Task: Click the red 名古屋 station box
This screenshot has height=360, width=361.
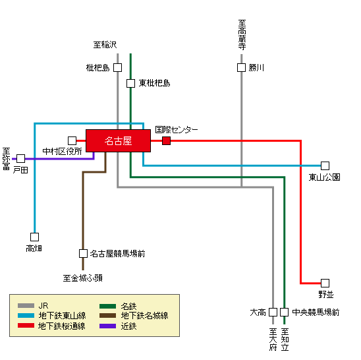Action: pyautogui.click(x=118, y=140)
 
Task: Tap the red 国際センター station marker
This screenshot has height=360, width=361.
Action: pyautogui.click(x=166, y=140)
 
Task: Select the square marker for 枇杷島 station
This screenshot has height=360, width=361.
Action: pyautogui.click(x=117, y=67)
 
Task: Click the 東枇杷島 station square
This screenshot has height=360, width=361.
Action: pyautogui.click(x=130, y=83)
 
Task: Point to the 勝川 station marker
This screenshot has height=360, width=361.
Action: pyautogui.click(x=241, y=67)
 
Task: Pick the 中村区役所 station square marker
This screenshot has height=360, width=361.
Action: pyautogui.click(x=72, y=140)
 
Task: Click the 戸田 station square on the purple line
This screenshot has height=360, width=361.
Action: pyautogui.click(x=20, y=159)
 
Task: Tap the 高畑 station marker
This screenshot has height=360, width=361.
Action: pyautogui.click(x=34, y=237)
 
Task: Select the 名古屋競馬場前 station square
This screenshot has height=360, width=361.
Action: pyautogui.click(x=83, y=253)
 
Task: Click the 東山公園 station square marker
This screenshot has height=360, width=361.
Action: pyautogui.click(x=325, y=165)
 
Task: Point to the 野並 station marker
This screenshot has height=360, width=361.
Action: pyautogui.click(x=325, y=282)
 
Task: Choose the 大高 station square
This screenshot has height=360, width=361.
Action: pyautogui.click(x=273, y=312)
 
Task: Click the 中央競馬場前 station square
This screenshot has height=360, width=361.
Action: pyautogui.click(x=284, y=312)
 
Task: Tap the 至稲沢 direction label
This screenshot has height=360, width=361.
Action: pyautogui.click(x=105, y=45)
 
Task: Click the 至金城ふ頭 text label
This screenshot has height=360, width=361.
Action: pyautogui.click(x=82, y=278)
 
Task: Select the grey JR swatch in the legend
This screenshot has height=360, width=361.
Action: pyautogui.click(x=26, y=306)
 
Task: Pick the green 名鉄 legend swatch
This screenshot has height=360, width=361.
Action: pyautogui.click(x=108, y=306)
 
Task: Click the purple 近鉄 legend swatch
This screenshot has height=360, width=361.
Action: pyautogui.click(x=108, y=326)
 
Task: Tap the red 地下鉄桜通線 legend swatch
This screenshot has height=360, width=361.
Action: pyautogui.click(x=26, y=326)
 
